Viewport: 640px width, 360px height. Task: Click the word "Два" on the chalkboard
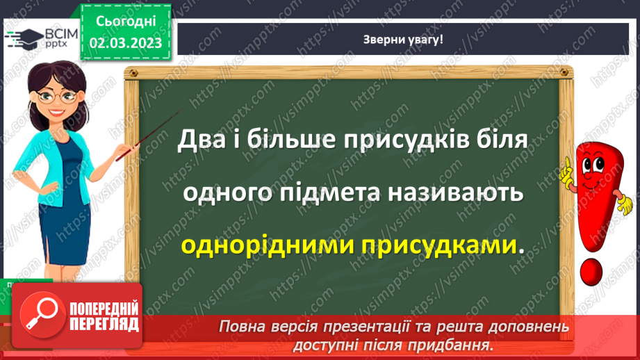[x=200, y=140]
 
